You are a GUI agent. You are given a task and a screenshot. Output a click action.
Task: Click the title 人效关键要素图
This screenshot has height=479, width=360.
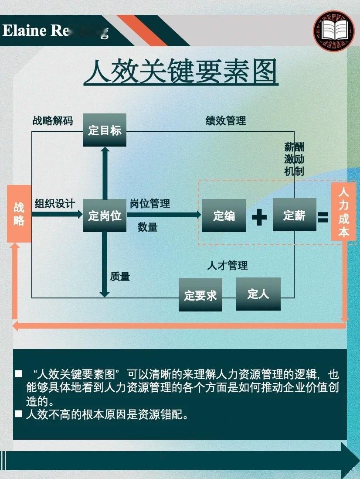[x=181, y=72]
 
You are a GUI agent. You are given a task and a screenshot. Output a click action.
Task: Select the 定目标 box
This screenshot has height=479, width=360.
[x=105, y=130]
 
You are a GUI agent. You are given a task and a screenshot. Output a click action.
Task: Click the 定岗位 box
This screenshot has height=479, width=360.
[x=105, y=216]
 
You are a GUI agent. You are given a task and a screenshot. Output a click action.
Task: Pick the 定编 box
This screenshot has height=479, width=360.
[x=224, y=216]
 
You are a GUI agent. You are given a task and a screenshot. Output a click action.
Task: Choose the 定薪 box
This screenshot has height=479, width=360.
[x=294, y=215]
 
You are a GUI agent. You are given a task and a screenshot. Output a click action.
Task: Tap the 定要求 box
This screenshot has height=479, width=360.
[x=200, y=295]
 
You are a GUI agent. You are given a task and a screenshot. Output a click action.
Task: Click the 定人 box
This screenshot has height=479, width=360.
[x=258, y=294]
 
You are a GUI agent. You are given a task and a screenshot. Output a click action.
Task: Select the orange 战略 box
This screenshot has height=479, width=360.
[x=19, y=214]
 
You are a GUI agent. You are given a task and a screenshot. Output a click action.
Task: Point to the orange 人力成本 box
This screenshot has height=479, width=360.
[x=344, y=212]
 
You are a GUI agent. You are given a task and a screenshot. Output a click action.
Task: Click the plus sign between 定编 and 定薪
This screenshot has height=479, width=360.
[x=259, y=216]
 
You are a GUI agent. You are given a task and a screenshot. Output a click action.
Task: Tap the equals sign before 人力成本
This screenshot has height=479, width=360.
[x=323, y=217]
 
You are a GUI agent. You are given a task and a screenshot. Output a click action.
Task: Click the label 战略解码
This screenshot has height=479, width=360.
[x=53, y=121]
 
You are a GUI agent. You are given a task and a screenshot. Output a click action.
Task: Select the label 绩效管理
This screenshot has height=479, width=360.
[x=226, y=121]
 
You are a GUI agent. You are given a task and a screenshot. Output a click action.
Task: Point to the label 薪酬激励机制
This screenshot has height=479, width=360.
[x=294, y=159]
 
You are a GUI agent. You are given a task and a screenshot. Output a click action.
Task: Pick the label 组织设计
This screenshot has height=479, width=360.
[x=55, y=203]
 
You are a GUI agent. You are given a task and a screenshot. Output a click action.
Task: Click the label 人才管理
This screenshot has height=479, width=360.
[x=227, y=265]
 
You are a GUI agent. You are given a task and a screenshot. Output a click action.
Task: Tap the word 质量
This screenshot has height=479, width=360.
[x=120, y=276]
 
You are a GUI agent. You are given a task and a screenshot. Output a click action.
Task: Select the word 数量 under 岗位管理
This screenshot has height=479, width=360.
[x=148, y=227]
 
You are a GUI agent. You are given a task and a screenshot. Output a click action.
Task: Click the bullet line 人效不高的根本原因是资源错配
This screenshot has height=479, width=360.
[x=107, y=414]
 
